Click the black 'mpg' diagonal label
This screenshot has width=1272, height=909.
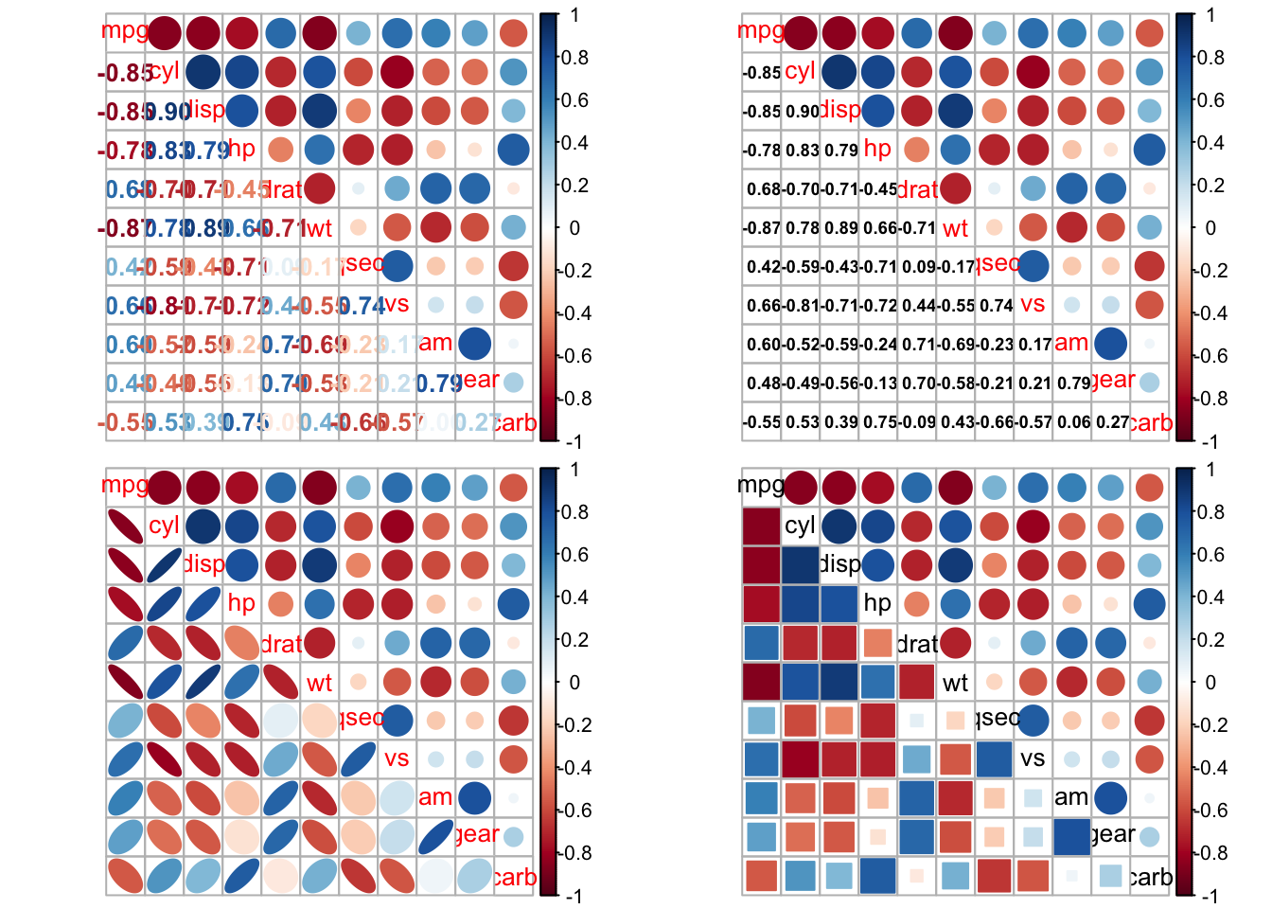[x=761, y=486]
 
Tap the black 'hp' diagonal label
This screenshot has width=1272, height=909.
[x=877, y=603]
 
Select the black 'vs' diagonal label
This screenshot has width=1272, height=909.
[x=1033, y=758]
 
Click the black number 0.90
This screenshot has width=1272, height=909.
[x=802, y=111]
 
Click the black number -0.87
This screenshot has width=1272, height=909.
[x=762, y=228]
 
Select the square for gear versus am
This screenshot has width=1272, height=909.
[x=1071, y=837]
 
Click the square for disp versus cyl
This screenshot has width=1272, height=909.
[x=801, y=565]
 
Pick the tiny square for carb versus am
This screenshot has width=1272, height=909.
[x=1071, y=876]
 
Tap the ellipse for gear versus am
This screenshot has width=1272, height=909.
[x=435, y=837]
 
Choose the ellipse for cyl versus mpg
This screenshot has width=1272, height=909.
[x=125, y=526]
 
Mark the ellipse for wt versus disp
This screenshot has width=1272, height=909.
[x=203, y=682]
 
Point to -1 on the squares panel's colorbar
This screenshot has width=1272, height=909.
[x=1210, y=896]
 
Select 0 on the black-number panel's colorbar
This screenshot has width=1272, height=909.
[x=1210, y=228]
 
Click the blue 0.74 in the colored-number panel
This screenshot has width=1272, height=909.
[x=360, y=306]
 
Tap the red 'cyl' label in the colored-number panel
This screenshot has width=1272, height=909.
[x=164, y=71]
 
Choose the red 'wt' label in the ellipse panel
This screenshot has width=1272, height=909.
[x=319, y=683]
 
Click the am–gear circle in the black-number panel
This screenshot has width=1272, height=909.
[x=1110, y=344]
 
